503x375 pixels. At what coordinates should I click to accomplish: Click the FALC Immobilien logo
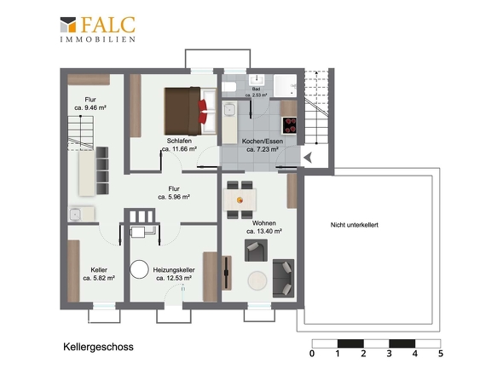coord(98,29)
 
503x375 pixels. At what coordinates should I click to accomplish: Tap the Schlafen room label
coord(179,141)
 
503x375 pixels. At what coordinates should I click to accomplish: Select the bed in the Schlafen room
coord(190,111)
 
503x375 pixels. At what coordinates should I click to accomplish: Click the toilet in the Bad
coord(229,87)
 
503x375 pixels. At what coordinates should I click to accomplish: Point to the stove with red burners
coord(289,125)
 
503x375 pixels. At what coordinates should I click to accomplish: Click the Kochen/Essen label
coord(263,141)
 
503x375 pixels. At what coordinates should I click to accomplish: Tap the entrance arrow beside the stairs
coord(308,158)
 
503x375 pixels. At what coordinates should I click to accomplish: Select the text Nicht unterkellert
coord(354,225)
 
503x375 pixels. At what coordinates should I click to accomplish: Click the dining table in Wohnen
coord(240,199)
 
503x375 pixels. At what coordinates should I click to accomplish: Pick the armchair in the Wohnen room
coord(256,251)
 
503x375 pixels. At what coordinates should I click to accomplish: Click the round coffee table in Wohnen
coord(257,280)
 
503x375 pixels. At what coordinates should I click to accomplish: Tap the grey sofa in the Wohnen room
coord(283,278)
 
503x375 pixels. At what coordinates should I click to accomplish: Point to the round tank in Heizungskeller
coord(139,269)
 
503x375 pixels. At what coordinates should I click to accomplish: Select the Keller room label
coord(99,270)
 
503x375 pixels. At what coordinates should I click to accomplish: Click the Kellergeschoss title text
coord(98,347)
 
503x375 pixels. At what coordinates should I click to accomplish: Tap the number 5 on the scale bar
coord(441,354)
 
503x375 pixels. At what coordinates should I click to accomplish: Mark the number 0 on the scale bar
coord(312,354)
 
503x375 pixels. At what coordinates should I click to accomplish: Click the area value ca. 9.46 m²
coord(90,107)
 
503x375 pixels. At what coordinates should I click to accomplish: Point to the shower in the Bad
coord(286,85)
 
